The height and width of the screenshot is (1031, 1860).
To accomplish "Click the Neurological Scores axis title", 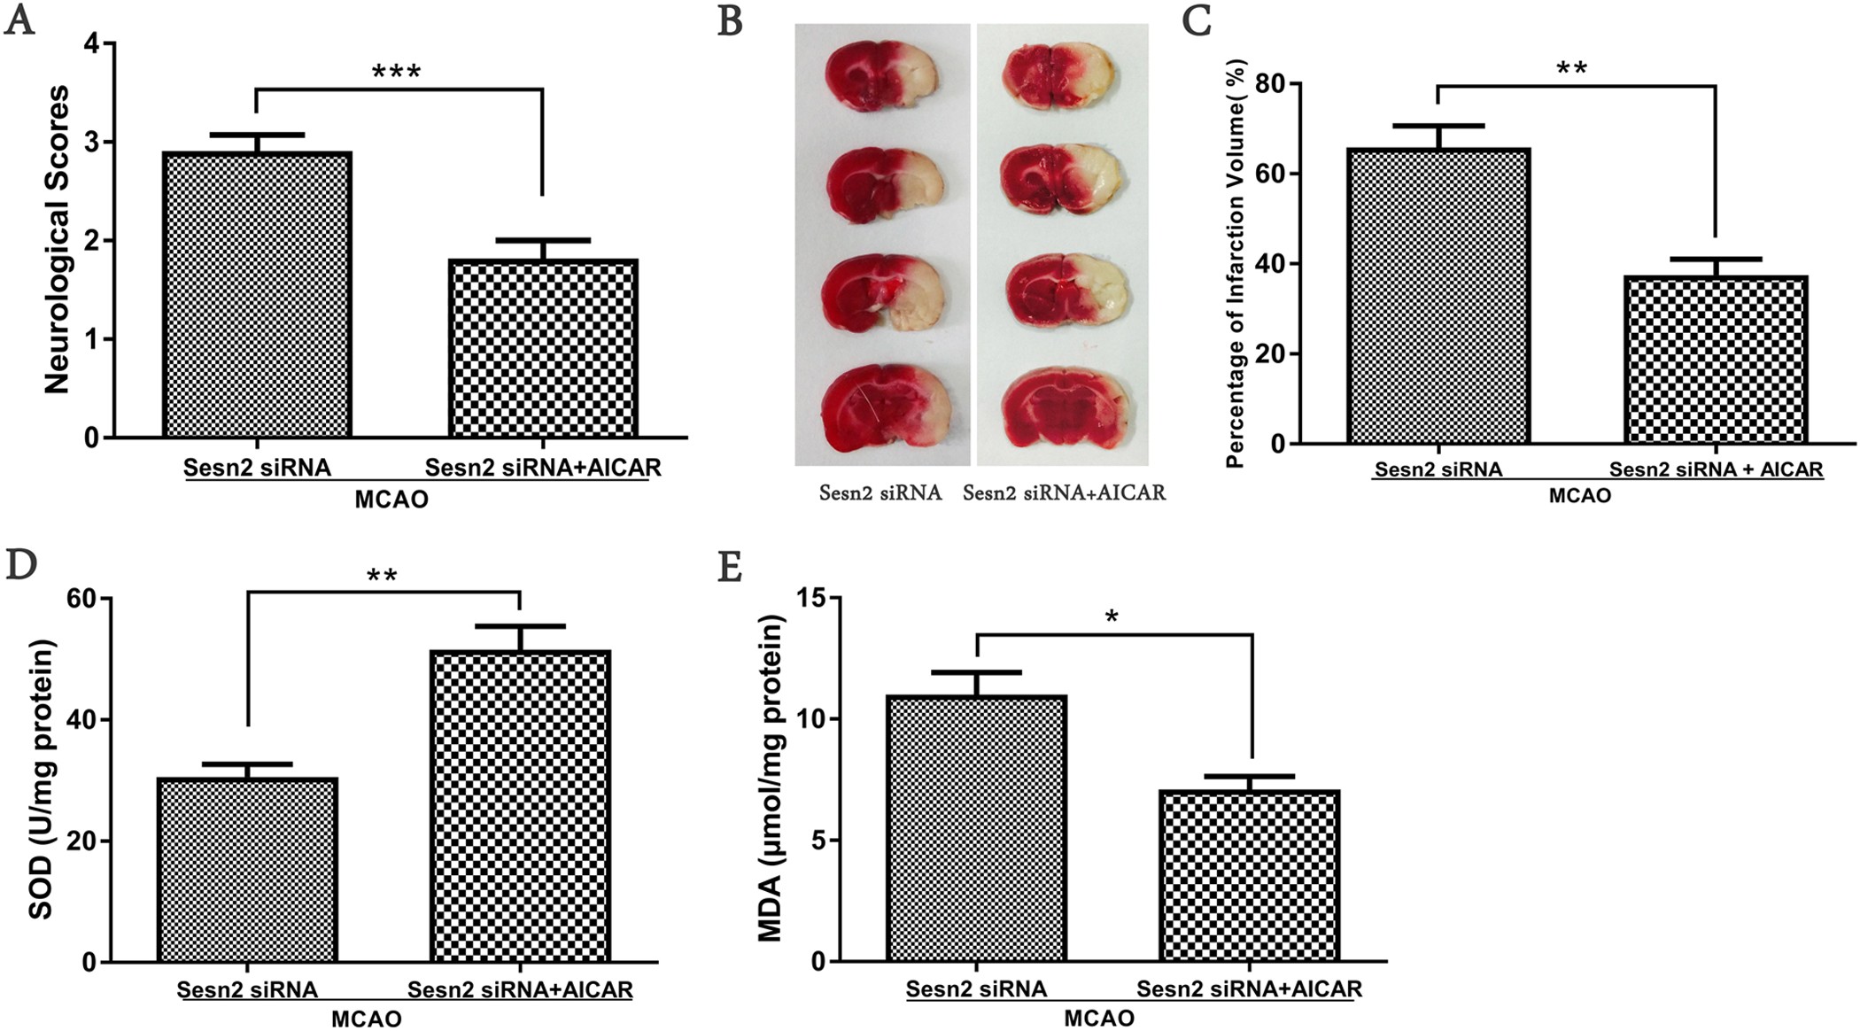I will click(57, 239).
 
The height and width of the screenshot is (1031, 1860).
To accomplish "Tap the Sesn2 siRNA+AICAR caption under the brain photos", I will click(1064, 492).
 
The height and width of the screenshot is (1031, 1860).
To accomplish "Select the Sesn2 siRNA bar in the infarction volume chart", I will click(1438, 296).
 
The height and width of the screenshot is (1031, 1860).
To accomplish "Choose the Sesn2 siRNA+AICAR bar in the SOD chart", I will click(520, 806).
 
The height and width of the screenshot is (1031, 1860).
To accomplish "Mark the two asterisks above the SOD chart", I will click(382, 577).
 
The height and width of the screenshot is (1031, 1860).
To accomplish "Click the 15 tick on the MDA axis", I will click(818, 599).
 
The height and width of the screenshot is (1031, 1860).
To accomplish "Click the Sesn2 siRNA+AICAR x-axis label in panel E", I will click(1249, 988).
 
